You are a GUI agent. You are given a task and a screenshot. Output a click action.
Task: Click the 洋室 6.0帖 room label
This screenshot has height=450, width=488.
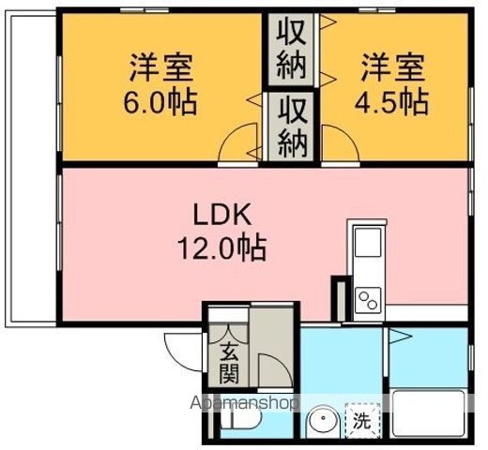(162, 83)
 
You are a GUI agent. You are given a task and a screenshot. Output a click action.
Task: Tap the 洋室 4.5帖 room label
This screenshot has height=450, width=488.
(395, 83)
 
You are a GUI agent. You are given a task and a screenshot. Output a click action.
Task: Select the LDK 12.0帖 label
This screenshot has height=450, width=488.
(222, 232)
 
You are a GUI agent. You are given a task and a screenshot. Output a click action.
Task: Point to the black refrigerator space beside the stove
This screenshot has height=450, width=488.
(338, 297)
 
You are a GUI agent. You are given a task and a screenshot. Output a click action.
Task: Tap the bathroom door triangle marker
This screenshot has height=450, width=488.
(398, 335)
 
